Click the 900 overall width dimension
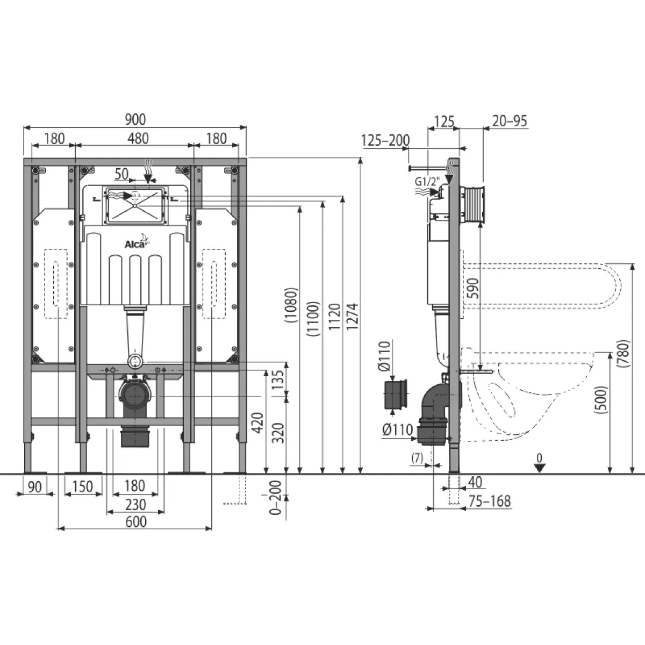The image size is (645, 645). click(x=135, y=119)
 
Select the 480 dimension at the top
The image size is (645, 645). click(x=138, y=138)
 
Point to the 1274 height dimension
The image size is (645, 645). click(x=352, y=316)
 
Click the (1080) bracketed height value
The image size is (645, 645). click(x=291, y=305)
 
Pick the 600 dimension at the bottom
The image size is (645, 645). click(x=136, y=521)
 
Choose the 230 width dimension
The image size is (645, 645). click(x=135, y=504)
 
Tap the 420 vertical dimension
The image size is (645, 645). click(x=258, y=423)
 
